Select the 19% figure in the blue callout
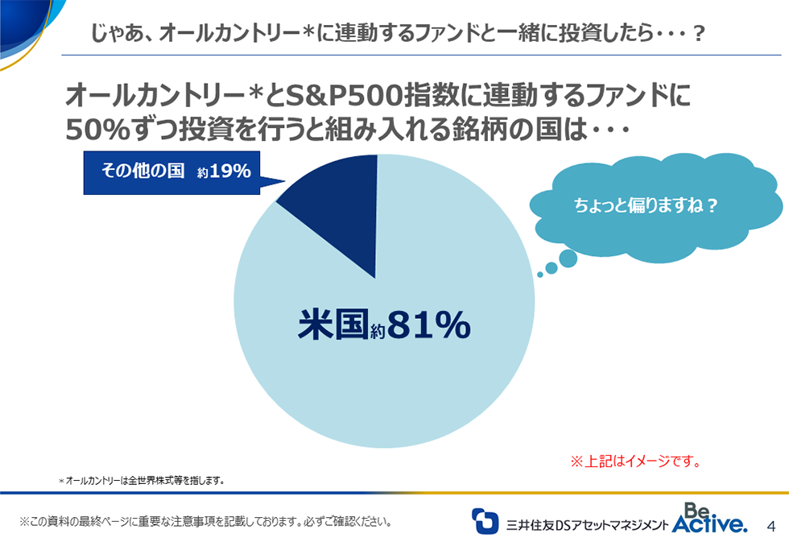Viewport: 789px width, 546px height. coord(229,172)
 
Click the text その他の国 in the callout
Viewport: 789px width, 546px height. coord(143,172)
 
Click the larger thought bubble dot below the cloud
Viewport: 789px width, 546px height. coord(568,259)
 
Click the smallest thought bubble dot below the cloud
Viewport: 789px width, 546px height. coord(539,275)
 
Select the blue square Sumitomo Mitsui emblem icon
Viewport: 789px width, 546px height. coord(485,520)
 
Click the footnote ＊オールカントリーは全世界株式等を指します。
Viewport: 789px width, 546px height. coord(141,481)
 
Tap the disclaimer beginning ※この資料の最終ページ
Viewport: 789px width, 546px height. coord(206,521)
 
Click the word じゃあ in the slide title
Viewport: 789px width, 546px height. coord(109,33)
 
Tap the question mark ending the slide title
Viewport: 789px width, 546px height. coord(699,33)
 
